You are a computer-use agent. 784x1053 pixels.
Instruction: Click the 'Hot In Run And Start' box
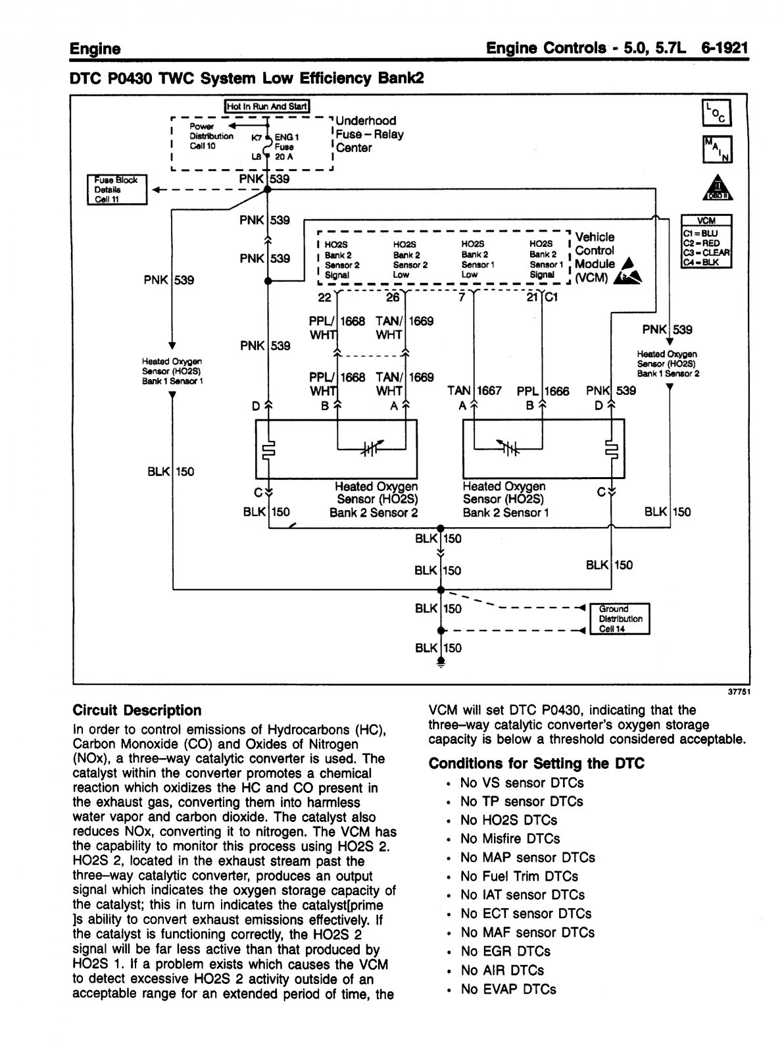(x=267, y=107)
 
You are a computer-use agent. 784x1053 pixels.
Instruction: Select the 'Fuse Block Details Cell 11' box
(x=117, y=190)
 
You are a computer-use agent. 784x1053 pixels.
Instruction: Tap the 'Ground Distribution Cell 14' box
(x=620, y=619)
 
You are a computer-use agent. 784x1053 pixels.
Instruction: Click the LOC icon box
(x=717, y=113)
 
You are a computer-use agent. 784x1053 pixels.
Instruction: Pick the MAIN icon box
(x=717, y=149)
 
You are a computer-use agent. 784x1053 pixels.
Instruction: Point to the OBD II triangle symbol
(x=717, y=188)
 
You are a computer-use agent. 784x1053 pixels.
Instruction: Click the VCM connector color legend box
(x=706, y=241)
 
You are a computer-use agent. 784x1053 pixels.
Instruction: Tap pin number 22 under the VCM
(x=325, y=297)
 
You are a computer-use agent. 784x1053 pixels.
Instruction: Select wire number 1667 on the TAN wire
(x=489, y=391)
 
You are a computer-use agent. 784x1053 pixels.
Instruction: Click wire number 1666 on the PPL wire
(x=556, y=391)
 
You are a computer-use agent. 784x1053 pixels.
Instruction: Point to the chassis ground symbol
(x=441, y=662)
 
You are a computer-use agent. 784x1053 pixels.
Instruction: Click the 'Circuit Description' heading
(x=137, y=711)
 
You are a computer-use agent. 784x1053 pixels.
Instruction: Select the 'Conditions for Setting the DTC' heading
(x=536, y=764)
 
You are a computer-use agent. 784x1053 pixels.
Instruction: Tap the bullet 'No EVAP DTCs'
(x=508, y=989)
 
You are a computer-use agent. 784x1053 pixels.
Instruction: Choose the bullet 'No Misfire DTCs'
(x=510, y=839)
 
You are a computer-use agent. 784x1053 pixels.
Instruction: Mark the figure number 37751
(x=739, y=692)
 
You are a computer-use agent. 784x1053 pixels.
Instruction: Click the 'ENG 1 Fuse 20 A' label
(x=287, y=147)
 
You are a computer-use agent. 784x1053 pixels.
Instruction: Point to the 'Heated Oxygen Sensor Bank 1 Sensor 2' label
(x=668, y=364)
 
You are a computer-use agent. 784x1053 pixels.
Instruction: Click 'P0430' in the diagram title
(x=130, y=78)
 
